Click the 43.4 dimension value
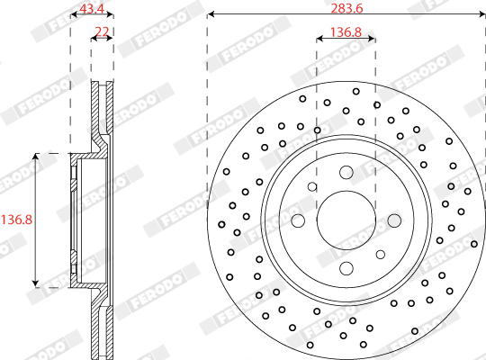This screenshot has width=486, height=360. [x=92, y=8]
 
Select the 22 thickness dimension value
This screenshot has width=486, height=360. [x=102, y=31]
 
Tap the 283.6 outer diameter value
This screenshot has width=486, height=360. [x=346, y=8]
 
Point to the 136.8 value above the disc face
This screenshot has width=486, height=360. [x=346, y=31]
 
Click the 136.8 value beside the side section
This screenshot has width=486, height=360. [x=16, y=220]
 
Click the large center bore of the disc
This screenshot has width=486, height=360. [x=346, y=220]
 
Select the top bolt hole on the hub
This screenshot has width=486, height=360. [x=346, y=173]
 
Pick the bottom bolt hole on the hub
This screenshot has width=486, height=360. [x=346, y=268]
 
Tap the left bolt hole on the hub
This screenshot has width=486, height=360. [x=298, y=220]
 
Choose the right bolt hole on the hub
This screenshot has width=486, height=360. [x=394, y=220]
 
